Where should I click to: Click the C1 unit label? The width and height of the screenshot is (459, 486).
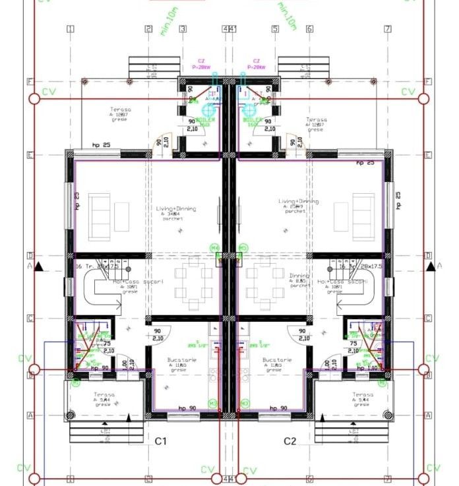coord(162,440)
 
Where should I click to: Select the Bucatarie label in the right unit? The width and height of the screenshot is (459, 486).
coord(272,360)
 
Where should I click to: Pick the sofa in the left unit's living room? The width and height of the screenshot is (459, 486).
coord(101,209)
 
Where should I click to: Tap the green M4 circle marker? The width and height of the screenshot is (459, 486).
coord(214,248)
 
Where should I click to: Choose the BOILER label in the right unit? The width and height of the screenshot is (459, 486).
coord(253,121)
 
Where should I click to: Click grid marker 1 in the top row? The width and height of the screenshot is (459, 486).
coord(70,29)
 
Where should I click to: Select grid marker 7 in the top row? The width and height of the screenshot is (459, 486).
coord(388,29)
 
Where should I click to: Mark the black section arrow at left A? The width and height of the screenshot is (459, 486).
coord(38,266)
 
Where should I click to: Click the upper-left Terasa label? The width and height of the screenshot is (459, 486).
coord(121,110)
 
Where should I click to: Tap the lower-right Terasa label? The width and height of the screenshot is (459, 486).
coord(363,395)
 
